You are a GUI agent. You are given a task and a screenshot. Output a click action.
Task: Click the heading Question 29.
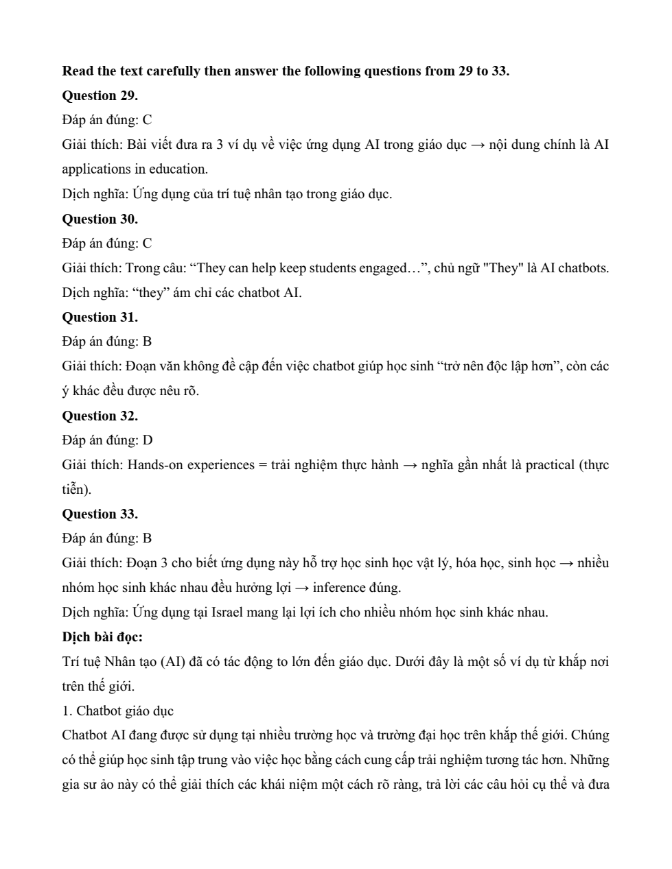(x=100, y=95)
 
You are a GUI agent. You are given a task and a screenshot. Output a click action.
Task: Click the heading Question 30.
(x=100, y=219)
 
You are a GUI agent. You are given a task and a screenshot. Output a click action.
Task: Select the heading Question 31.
(x=100, y=317)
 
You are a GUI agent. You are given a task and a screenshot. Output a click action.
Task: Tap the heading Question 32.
(x=100, y=416)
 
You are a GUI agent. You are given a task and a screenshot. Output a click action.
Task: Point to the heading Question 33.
(x=100, y=514)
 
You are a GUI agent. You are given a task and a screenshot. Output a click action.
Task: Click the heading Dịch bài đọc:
(x=102, y=636)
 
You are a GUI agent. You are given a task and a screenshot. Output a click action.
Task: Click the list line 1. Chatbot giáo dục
(x=117, y=711)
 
